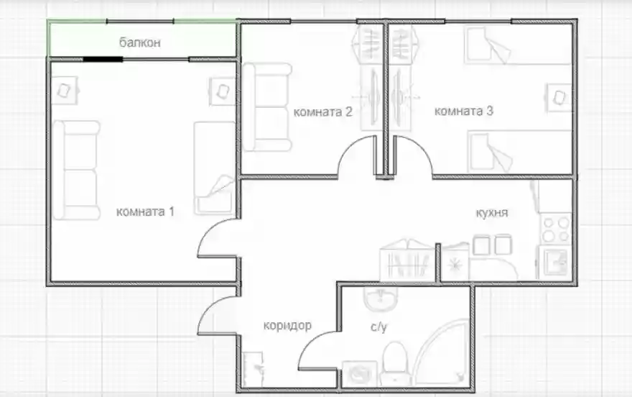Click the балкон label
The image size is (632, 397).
[140, 42]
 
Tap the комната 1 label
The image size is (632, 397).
[145, 211]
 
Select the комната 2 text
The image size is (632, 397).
[323, 111]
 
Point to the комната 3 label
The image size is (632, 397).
[463, 111]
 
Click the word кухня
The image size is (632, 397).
[492, 213]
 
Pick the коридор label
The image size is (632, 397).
[287, 325]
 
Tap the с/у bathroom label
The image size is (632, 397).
[378, 327]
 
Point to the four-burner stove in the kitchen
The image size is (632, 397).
[555, 229]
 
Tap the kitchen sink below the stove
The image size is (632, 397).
[555, 263]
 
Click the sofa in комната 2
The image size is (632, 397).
[267, 107]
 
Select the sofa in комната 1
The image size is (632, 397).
[76, 170]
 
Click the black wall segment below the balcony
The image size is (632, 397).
[103, 59]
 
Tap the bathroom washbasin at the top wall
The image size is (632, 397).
[381, 298]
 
